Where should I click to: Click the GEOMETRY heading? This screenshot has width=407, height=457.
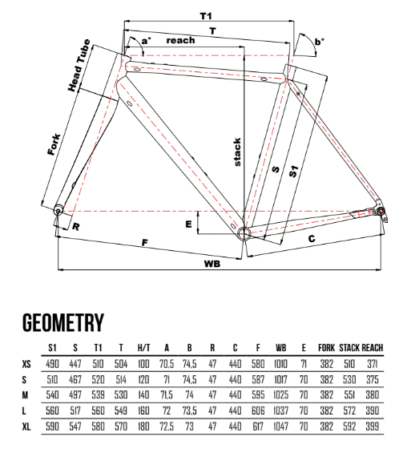(x=63, y=322)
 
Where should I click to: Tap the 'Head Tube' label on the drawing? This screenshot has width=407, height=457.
(x=79, y=65)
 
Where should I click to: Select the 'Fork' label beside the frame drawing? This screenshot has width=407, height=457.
(x=54, y=144)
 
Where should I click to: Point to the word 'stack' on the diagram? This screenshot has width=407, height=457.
(x=237, y=152)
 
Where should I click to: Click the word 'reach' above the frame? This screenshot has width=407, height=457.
(x=180, y=40)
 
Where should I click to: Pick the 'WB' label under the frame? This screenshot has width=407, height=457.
(x=212, y=264)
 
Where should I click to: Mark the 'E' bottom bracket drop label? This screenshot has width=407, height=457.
(x=189, y=224)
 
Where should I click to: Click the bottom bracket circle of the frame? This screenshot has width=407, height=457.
(x=244, y=233)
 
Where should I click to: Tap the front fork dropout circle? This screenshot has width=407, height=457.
(x=58, y=211)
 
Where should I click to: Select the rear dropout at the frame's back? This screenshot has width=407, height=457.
(x=381, y=211)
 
